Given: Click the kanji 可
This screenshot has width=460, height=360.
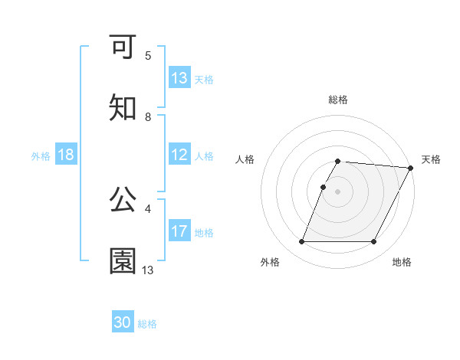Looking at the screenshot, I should point(123,47).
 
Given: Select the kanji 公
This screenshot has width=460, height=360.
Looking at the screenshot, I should point(123,199).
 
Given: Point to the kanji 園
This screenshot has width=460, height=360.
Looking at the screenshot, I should point(123,260).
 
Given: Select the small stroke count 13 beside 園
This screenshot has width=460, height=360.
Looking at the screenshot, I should point(148,270).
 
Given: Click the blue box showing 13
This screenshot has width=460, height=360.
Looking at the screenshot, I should point(179,78).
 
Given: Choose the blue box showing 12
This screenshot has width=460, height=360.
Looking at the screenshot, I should point(179,155).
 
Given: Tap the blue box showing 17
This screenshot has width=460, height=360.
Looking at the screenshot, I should point(179,231).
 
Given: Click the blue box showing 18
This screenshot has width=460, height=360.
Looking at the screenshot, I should point(66,155).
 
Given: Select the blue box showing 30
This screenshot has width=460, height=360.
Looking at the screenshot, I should point(123,322).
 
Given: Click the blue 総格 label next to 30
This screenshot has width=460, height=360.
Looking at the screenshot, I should point(147,324).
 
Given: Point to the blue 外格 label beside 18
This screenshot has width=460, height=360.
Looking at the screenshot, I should point(41,156).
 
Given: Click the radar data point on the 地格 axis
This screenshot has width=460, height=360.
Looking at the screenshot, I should point(374,242).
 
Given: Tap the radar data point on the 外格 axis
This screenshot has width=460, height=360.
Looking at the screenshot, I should point(301,242).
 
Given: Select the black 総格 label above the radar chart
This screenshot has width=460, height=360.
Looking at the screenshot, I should point(338,100).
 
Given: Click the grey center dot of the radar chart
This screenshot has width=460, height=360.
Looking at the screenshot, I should point(338,191).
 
